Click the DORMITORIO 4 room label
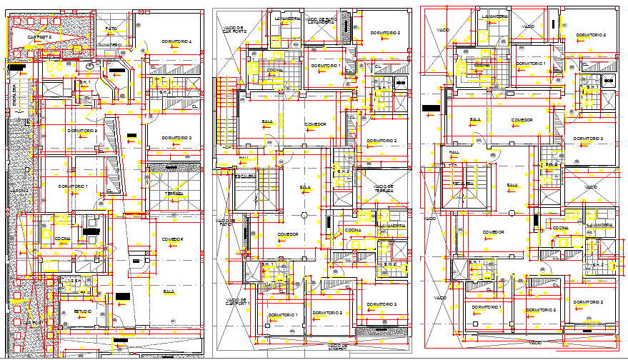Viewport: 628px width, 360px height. (176, 42)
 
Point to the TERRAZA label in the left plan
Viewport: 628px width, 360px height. (174, 194)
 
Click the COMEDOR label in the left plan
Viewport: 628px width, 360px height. (172, 239)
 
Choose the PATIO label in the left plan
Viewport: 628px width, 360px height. (111, 29)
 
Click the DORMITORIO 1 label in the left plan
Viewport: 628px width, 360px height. (73, 186)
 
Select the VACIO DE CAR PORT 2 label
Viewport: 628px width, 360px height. (234, 29)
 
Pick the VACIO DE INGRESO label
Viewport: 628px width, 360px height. (334, 346)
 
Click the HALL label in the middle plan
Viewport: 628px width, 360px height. (244, 158)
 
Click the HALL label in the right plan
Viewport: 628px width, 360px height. (454, 152)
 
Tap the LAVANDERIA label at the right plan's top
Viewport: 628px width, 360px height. (494, 16)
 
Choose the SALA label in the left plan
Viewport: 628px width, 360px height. (169, 291)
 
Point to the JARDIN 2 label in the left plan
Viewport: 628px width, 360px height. (19, 191)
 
